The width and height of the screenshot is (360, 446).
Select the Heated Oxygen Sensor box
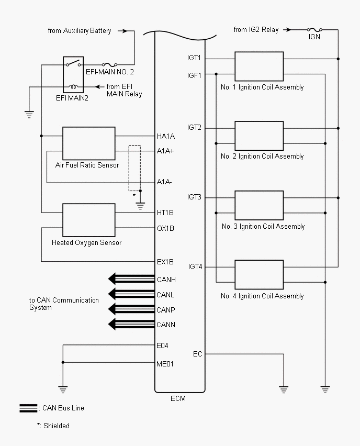tap(88, 220)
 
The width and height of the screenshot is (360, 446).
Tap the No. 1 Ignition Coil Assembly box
tap(259, 66)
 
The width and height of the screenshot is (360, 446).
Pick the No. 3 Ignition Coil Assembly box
tap(259, 205)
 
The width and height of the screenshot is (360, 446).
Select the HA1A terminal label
tap(166, 136)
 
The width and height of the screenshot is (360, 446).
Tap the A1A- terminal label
tap(165, 182)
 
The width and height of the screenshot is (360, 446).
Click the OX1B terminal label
tap(165, 228)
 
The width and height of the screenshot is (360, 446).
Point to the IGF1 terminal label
tap(194, 75)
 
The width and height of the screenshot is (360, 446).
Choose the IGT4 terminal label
tap(195, 267)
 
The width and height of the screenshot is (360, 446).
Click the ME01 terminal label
tap(165, 363)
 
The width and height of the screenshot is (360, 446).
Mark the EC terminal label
tap(197, 354)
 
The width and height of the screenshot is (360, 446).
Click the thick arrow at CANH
tap(131, 278)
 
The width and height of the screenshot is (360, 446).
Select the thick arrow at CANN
tap(131, 325)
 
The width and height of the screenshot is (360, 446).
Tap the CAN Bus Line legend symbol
tap(28, 408)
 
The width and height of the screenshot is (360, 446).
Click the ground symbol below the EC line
tap(283, 389)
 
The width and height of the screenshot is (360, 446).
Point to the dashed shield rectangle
tap(135, 168)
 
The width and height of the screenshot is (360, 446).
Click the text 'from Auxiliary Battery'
tap(80, 31)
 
